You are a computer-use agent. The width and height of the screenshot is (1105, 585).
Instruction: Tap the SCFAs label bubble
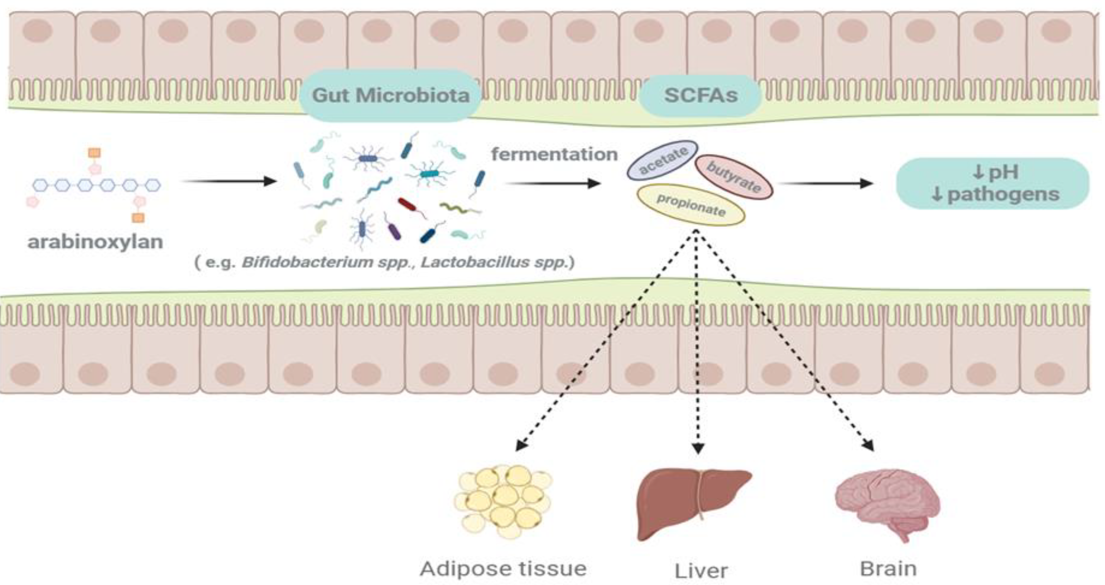(x=700, y=95)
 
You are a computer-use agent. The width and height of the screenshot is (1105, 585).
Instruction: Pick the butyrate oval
(x=733, y=177)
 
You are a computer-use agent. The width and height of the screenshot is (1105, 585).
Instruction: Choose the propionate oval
(x=690, y=205)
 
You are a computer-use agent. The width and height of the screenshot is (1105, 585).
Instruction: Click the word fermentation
(x=554, y=154)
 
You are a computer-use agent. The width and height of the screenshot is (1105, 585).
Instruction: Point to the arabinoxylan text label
(x=95, y=242)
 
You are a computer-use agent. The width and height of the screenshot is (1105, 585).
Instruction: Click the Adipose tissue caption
(x=503, y=569)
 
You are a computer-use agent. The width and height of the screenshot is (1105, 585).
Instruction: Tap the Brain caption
(x=888, y=569)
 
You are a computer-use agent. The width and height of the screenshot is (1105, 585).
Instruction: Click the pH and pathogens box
(x=993, y=183)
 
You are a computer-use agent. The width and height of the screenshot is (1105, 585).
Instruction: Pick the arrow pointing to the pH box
(x=825, y=184)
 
